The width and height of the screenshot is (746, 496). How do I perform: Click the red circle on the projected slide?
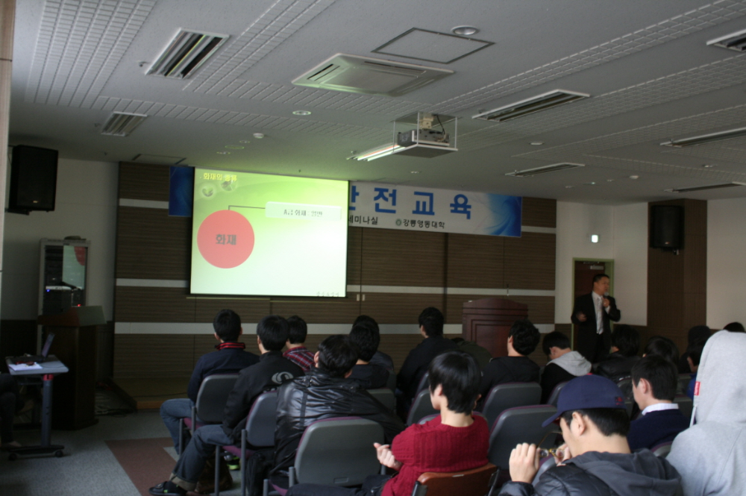click(225, 239)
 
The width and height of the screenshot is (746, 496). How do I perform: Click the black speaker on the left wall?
click(33, 179)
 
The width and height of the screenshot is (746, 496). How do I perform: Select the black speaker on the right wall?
click(666, 227)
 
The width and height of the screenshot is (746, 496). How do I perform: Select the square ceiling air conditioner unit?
click(372, 75)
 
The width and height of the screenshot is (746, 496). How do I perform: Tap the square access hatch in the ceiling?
click(432, 45)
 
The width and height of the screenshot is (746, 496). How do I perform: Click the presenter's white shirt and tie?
click(598, 313)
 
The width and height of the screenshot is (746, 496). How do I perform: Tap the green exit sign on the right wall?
click(594, 238)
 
